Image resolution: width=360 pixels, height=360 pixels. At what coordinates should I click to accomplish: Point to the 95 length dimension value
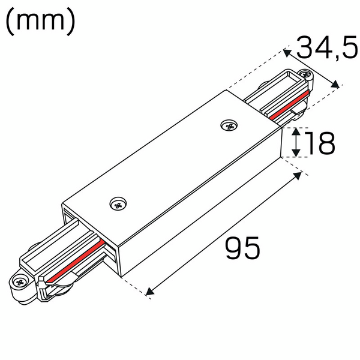(243, 248)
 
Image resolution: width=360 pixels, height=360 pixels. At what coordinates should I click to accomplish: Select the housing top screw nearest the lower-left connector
(118, 204)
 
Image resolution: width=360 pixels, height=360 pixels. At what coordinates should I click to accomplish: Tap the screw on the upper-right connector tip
(310, 77)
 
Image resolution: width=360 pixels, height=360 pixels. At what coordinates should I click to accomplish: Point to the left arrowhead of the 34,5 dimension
(287, 53)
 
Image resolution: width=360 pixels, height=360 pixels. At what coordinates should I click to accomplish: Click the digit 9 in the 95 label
(234, 248)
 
